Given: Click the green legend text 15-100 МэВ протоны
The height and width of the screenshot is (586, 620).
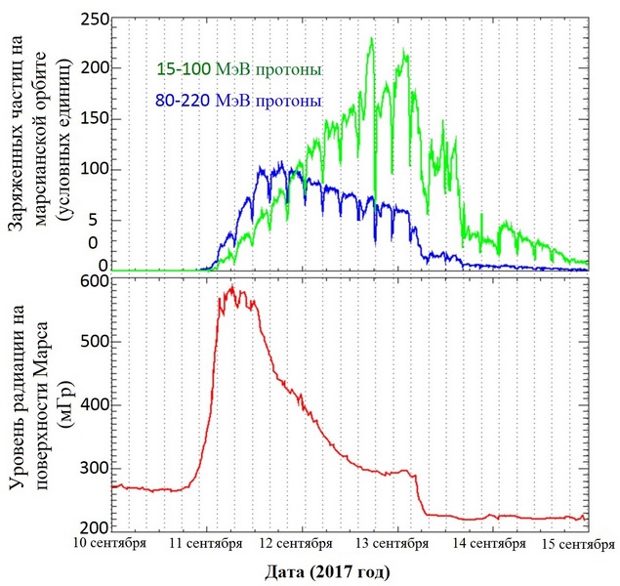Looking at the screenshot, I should coord(238,70).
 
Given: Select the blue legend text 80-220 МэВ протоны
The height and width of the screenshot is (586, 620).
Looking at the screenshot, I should coord(238,101).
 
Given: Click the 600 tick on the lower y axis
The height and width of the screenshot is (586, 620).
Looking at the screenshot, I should coord(92,282).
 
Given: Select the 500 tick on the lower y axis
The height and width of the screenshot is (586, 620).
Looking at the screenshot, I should coord(92,344).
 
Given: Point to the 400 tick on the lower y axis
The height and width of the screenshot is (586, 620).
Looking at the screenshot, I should coord(92,404).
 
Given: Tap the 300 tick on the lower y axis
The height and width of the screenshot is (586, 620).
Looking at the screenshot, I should coord(92,467).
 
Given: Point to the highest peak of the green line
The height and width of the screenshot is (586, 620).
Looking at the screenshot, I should coord(372,38).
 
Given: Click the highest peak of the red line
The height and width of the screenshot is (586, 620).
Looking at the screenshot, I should coord(231,286).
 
